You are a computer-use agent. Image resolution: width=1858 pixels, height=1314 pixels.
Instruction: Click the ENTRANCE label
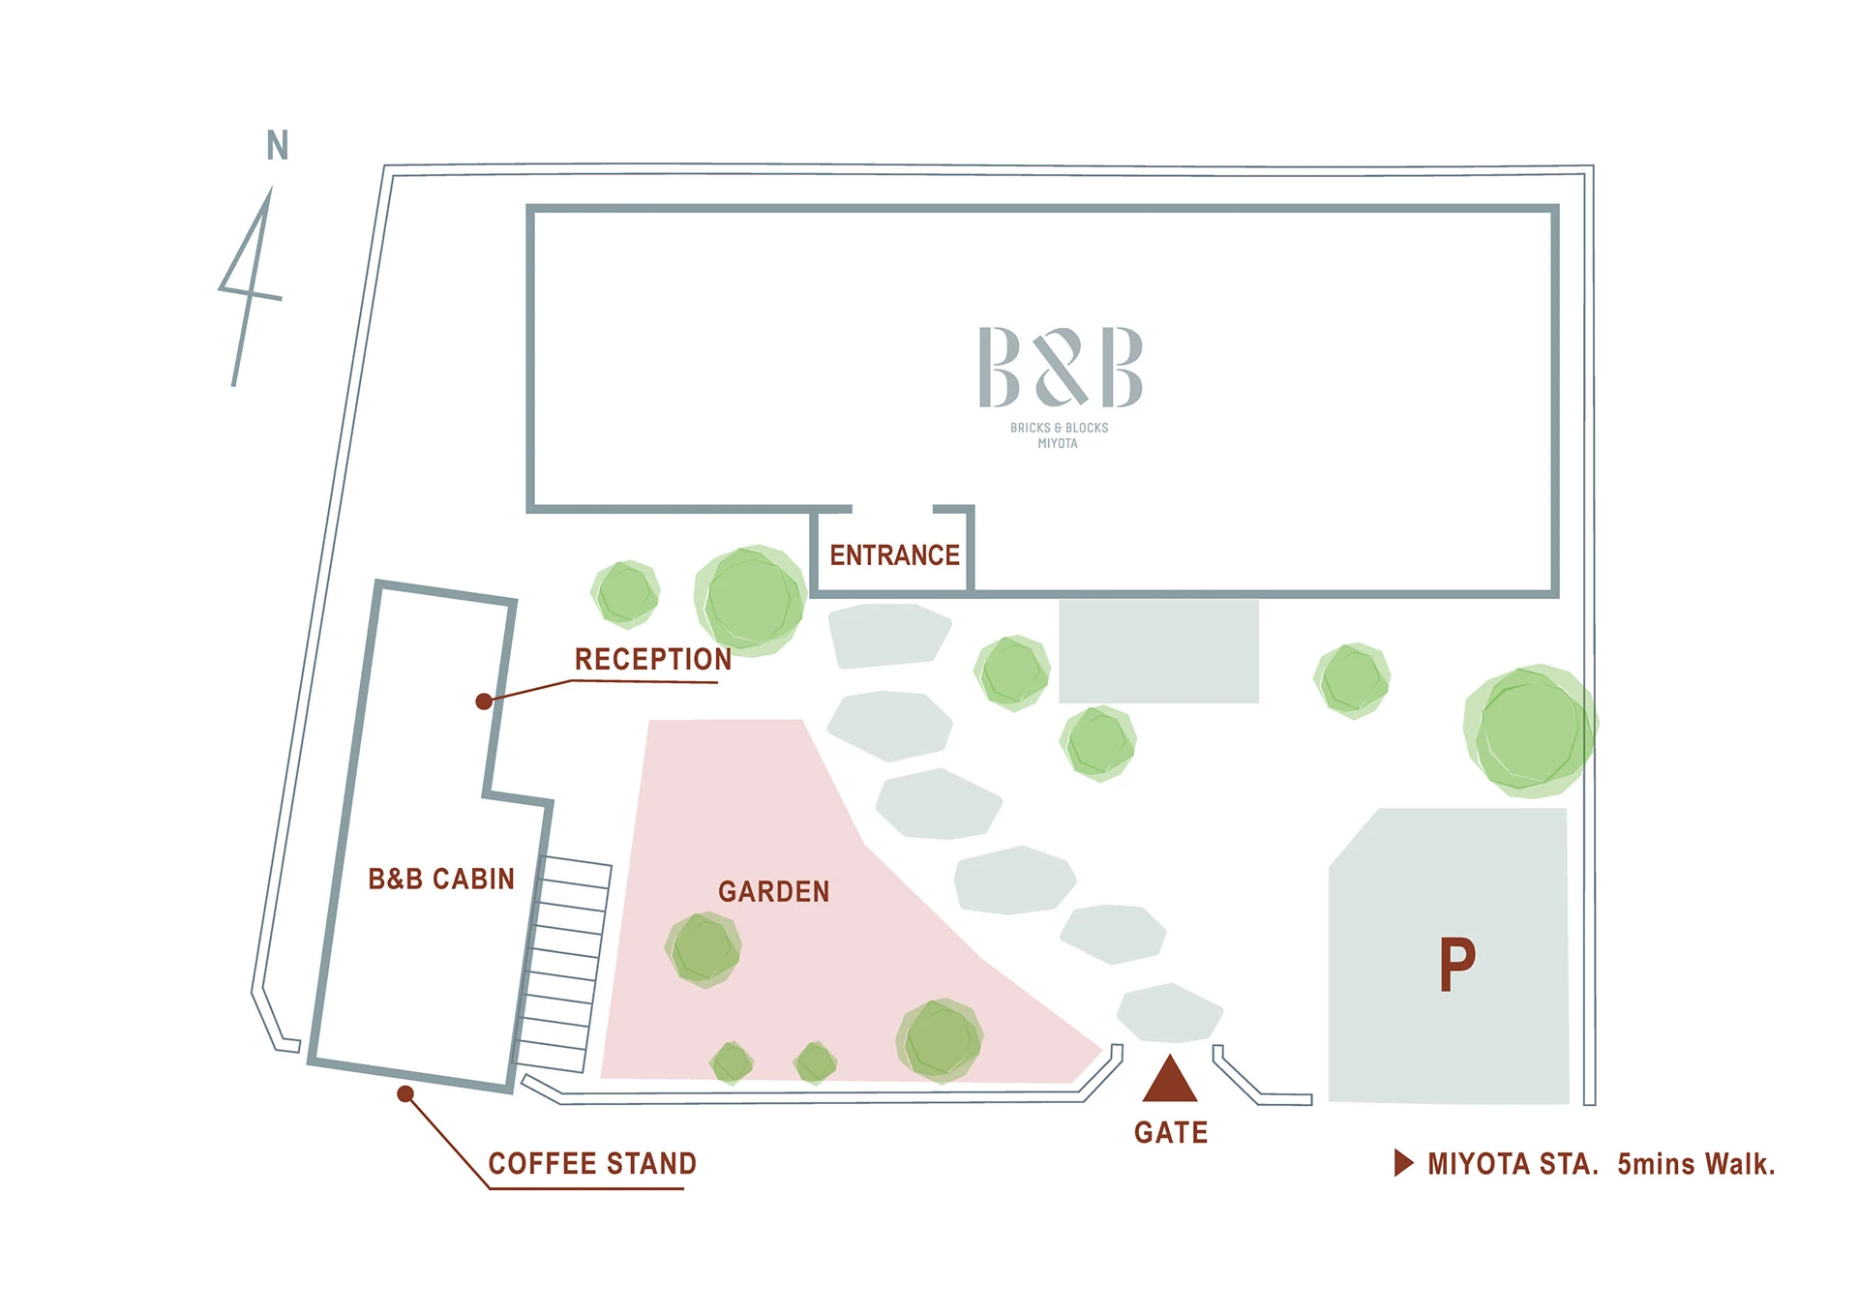[x=894, y=555]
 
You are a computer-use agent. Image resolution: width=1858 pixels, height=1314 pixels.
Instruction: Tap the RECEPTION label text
[x=653, y=659]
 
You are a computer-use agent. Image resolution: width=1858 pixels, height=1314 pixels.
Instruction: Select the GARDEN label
[x=773, y=891]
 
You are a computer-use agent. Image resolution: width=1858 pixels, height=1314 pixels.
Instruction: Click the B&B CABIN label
[x=441, y=879]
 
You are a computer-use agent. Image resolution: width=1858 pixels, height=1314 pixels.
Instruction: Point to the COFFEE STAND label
[x=592, y=1163]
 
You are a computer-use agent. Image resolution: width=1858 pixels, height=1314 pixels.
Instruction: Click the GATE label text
[x=1171, y=1132]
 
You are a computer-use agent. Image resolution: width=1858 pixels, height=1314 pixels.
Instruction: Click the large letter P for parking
[x=1456, y=965]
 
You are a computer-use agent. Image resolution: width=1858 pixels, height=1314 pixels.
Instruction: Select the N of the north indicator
[x=278, y=145]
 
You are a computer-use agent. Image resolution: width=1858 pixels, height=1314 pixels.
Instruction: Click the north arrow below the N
[x=251, y=287]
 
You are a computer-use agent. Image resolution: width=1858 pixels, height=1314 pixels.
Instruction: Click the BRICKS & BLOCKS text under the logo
[x=1059, y=428]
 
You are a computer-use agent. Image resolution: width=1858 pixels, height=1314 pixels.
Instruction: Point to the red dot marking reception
[x=484, y=702]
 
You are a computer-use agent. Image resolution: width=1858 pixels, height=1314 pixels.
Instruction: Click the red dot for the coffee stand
[x=405, y=1094]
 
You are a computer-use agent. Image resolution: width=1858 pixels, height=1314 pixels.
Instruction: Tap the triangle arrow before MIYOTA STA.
[x=1403, y=1163]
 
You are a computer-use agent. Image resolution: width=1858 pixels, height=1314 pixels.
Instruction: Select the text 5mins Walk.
[x=1696, y=1163]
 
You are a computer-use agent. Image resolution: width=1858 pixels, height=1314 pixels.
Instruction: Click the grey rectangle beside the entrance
[x=1158, y=651]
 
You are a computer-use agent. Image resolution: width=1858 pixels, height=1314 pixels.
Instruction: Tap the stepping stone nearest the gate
[x=1170, y=1013]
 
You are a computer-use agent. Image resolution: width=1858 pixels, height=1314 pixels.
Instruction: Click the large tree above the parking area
[x=1530, y=731]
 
